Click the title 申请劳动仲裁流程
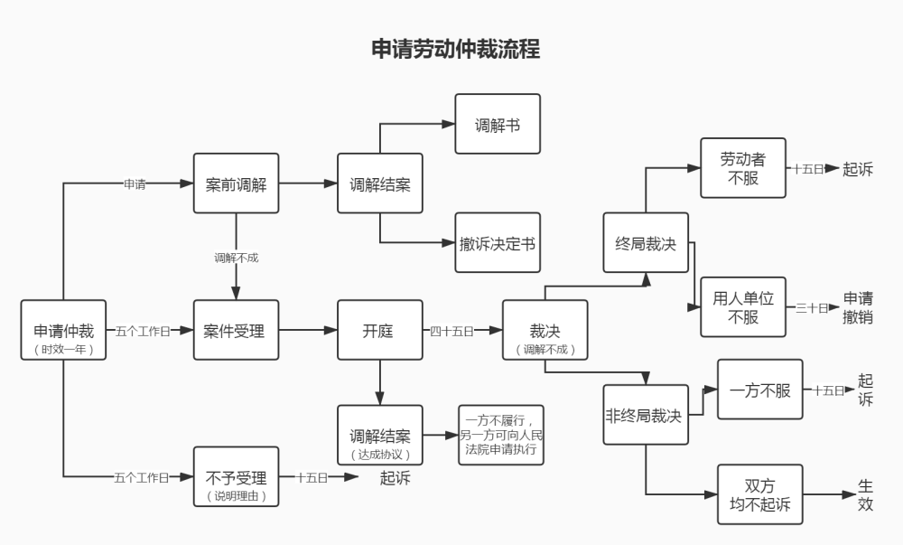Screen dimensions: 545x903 (x=455, y=49)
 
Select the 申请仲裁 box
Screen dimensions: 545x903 (x=63, y=330)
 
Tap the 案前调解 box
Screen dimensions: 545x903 (x=236, y=183)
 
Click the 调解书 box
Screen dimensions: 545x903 (x=498, y=125)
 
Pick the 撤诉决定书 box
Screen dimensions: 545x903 (x=498, y=242)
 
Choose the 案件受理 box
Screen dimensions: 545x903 (x=236, y=330)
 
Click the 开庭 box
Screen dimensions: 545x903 (x=379, y=330)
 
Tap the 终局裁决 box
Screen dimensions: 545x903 (x=646, y=242)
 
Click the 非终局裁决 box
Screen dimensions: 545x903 (x=646, y=415)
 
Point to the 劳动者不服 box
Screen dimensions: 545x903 (x=743, y=168)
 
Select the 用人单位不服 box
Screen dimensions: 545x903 (x=743, y=307)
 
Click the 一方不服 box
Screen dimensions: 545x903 (x=759, y=390)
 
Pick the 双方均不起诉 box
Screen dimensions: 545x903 (x=759, y=494)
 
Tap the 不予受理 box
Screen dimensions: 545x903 (x=236, y=476)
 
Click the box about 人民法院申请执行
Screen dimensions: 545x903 (x=501, y=435)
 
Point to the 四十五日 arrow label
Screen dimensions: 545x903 (x=451, y=331)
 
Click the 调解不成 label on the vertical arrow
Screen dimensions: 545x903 (x=236, y=258)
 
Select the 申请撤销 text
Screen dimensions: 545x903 (x=858, y=307)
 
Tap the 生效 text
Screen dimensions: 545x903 (x=865, y=495)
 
